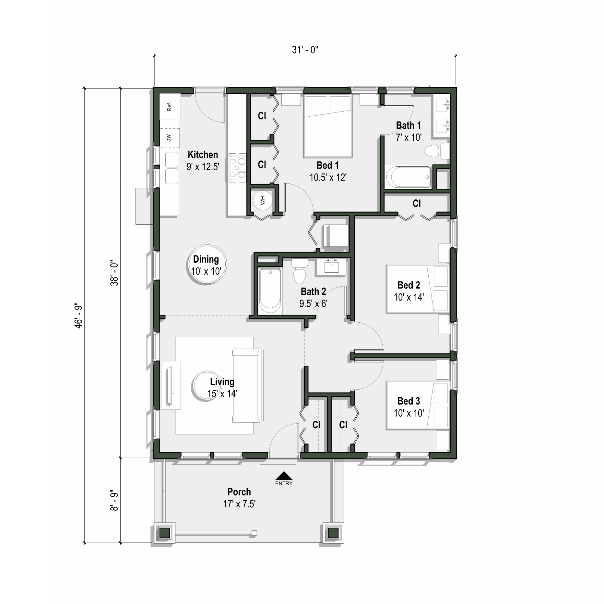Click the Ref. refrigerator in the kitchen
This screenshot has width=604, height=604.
coord(169,106)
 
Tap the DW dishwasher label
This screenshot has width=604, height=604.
coord(169,138)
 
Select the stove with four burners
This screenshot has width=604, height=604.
coord(237,167)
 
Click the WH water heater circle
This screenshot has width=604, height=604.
coord(262,200)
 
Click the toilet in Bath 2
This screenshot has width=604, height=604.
coord(299,272)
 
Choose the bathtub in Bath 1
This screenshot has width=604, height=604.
coord(409,177)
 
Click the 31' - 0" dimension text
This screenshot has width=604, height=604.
coord(305,50)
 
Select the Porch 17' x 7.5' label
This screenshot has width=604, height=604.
coord(239,498)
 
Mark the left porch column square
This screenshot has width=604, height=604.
coord(165,533)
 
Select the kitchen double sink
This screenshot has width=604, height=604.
coord(171,168)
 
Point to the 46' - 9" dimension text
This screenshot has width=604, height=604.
coord(79,316)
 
